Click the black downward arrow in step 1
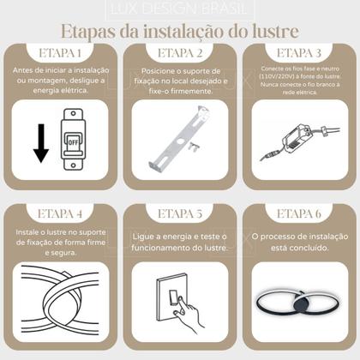point(39,142)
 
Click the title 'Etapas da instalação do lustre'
point(180,33)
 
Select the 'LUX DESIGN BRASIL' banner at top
point(180,10)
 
